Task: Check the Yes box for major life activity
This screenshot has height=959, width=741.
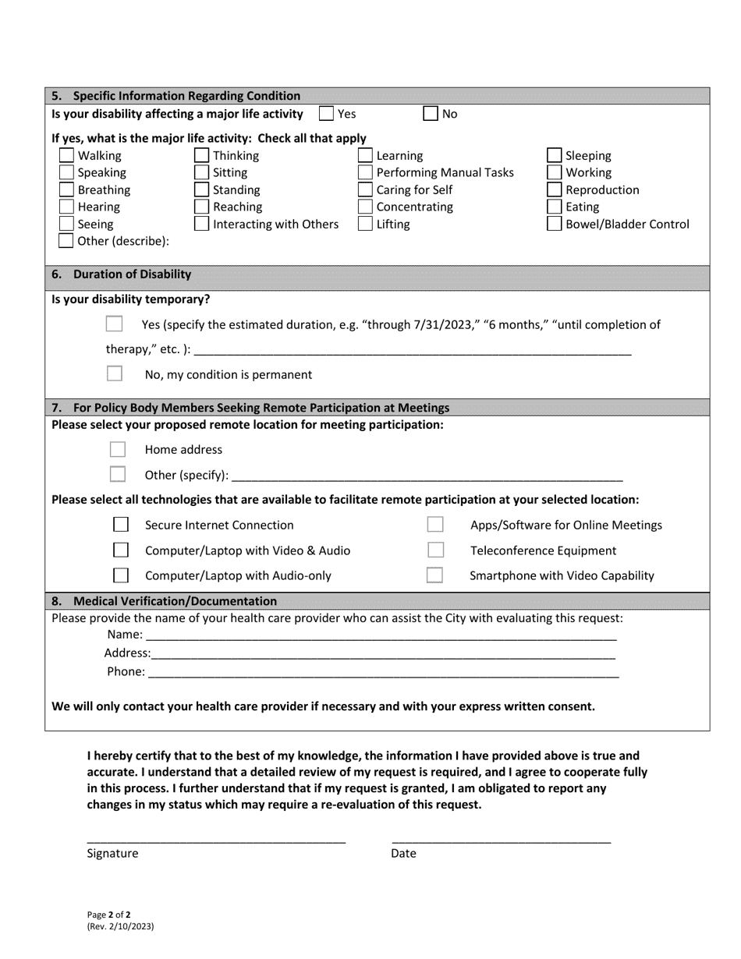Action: point(327,114)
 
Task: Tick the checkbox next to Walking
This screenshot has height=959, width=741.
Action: point(68,155)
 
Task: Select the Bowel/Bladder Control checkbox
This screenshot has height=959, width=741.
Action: point(555,225)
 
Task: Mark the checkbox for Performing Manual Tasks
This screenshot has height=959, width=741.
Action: point(365,172)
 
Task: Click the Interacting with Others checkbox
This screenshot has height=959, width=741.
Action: point(201,225)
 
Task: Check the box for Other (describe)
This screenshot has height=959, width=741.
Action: point(68,241)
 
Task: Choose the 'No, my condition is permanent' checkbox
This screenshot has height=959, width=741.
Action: point(115,373)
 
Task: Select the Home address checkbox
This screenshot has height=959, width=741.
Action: point(118,449)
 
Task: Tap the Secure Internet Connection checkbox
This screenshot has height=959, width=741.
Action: point(121,525)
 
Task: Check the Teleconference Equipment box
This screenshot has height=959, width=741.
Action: point(435,550)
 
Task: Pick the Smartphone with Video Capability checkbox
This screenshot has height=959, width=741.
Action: point(435,575)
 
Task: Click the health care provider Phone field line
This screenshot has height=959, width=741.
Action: point(382,672)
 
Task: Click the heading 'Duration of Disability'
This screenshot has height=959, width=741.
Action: point(132,274)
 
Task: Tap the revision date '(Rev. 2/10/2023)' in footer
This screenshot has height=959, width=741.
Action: point(120,927)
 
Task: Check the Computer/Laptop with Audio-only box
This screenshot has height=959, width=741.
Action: point(121,575)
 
